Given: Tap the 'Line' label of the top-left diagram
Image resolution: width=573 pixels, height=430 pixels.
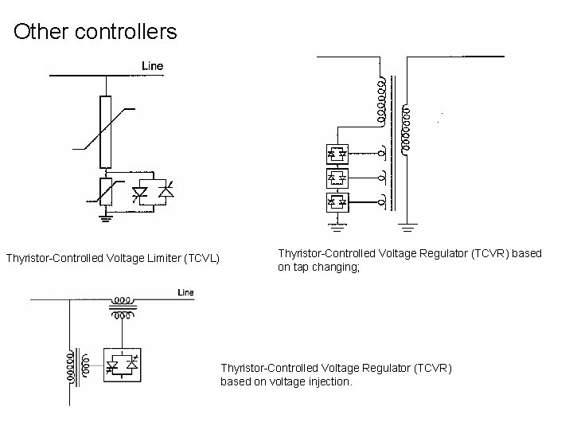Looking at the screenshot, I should pyautogui.click(x=152, y=65).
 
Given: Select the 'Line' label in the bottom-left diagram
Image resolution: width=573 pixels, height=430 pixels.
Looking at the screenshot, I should pyautogui.click(x=185, y=293).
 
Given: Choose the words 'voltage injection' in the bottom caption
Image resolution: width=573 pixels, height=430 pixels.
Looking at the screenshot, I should pyautogui.click(x=302, y=381).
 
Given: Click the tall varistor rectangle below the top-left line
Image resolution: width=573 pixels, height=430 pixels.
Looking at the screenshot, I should pyautogui.click(x=106, y=131).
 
